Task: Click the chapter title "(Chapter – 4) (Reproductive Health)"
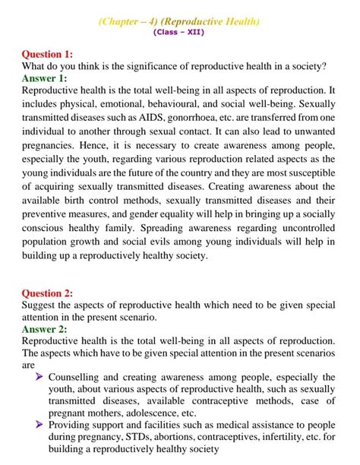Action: (x=179, y=21)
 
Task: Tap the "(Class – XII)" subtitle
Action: (x=179, y=33)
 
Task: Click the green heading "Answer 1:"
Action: (x=45, y=78)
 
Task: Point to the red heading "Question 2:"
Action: (x=48, y=293)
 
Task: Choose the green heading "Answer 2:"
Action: (x=45, y=329)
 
